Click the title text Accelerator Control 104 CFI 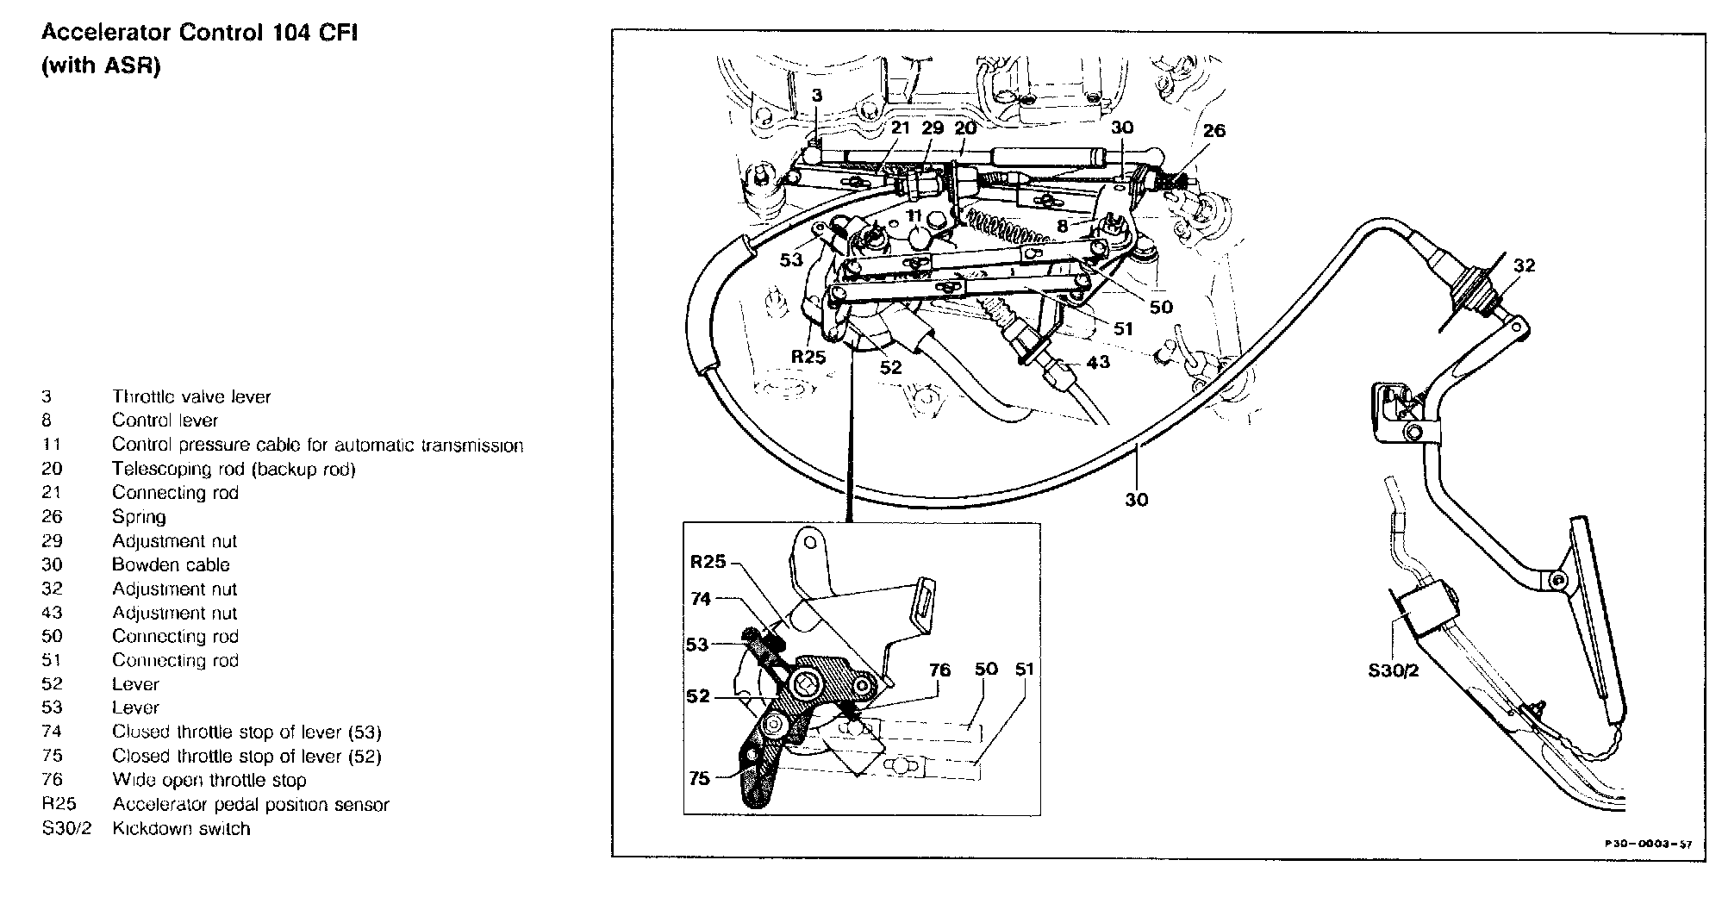tap(200, 34)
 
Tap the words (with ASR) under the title tap(101, 66)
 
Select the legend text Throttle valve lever tap(191, 397)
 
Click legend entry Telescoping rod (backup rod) tap(234, 469)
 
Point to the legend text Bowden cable tap(171, 565)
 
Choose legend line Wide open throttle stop tap(209, 780)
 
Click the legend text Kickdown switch tap(181, 829)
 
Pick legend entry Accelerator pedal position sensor tap(250, 805)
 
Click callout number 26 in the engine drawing tap(1214, 131)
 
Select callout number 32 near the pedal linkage tap(1524, 265)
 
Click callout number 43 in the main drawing tap(1098, 363)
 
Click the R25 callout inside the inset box tap(708, 562)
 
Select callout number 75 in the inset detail tap(699, 778)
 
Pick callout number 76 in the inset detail tap(939, 670)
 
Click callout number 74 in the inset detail tap(701, 598)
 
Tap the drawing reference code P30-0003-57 tap(1647, 844)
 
